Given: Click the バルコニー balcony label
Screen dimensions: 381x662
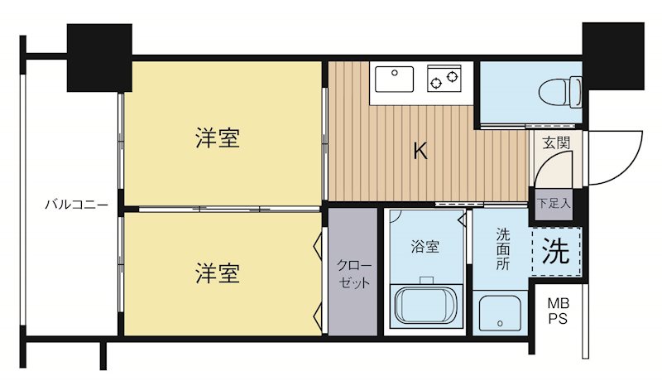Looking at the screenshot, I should tap(75, 203).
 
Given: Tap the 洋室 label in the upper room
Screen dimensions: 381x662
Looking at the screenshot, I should tap(218, 138).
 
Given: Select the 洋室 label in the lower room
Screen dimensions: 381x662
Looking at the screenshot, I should tap(218, 272).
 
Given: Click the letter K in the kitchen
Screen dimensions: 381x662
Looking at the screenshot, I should tap(420, 151).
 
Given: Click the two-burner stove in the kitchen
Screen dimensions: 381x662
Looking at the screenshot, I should tap(444, 80).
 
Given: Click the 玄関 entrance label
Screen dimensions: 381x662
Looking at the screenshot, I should tap(556, 142).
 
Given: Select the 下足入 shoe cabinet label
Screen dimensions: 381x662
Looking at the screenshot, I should tap(554, 202).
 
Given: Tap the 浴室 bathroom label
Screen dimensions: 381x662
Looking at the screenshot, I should tap(425, 246).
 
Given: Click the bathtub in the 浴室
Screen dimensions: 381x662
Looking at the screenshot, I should tap(427, 305).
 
